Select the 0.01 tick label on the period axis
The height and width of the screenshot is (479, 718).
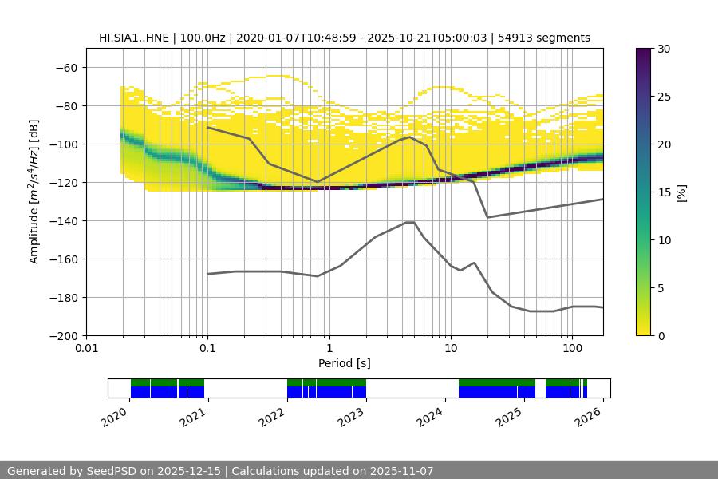pos(86,349)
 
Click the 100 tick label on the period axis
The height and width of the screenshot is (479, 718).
pos(571,349)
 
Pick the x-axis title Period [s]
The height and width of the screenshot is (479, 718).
pos(344,363)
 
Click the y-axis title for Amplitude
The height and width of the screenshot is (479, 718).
pos(34,192)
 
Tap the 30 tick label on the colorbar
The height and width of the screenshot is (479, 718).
pos(664,49)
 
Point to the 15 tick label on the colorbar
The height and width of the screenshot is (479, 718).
pos(664,192)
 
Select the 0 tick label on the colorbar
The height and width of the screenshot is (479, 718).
pos(661,336)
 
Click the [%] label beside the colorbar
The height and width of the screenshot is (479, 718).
pos(681,192)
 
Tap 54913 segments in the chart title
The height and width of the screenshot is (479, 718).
pos(551,38)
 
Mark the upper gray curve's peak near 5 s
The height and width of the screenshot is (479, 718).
pos(410,137)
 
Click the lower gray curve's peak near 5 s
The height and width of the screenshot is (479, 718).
pos(410,222)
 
